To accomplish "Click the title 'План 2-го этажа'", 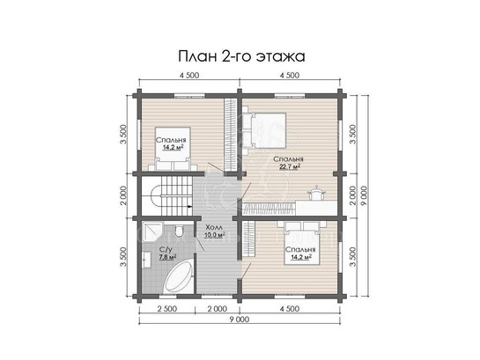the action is [x=241, y=56].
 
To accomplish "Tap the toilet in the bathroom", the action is [x=179, y=231].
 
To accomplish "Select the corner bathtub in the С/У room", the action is [x=178, y=275].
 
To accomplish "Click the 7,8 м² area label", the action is [x=167, y=257].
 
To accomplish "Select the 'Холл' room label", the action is [x=214, y=228].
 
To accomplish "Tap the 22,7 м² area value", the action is [x=289, y=166].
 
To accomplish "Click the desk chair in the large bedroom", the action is [x=317, y=194].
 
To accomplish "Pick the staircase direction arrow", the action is [x=189, y=206].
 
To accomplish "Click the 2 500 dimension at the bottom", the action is [x=167, y=309].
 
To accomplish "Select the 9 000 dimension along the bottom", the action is [x=239, y=320].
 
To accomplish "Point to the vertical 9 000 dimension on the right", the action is [x=365, y=195].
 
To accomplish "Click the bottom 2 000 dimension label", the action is [x=217, y=309].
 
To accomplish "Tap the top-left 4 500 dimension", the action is [x=189, y=75].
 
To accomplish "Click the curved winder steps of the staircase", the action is [x=157, y=196].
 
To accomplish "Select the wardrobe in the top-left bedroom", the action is [x=230, y=135].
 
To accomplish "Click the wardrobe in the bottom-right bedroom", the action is [x=249, y=240].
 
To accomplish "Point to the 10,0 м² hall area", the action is [x=215, y=235].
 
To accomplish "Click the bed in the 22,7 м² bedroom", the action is [x=265, y=130].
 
